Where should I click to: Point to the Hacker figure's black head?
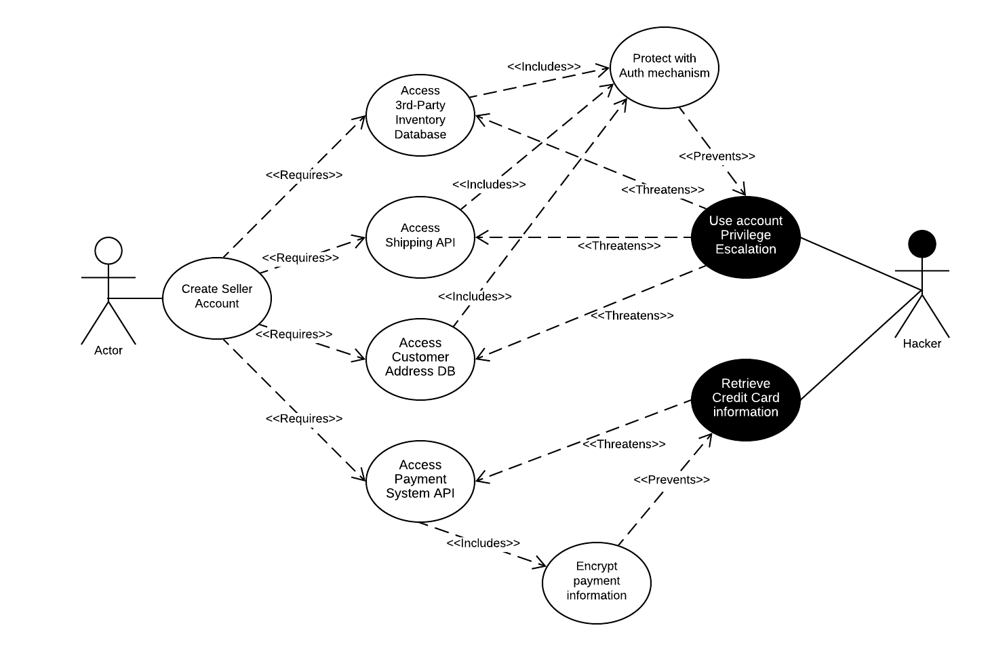click(x=922, y=243)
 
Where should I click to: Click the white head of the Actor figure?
click(x=108, y=250)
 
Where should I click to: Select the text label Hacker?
click(x=922, y=344)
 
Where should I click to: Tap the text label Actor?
click(x=108, y=351)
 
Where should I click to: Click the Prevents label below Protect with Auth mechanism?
click(x=717, y=156)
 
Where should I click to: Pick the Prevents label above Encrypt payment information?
click(x=671, y=479)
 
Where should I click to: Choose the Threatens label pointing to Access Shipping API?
click(x=618, y=245)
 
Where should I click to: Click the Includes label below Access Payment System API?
click(x=483, y=543)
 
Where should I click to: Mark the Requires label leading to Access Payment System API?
click(x=304, y=418)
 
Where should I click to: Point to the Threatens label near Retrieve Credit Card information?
click(x=624, y=444)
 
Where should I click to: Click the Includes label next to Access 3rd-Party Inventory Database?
click(x=544, y=66)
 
